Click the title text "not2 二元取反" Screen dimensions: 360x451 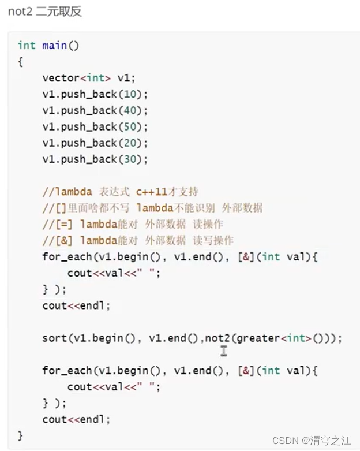tap(45, 12)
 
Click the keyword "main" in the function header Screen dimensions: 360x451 tap(55, 45)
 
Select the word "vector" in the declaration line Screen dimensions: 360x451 tap(58, 77)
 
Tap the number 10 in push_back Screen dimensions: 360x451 tap(129, 94)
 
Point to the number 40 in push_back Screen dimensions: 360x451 tap(129, 110)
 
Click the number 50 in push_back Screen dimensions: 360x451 tap(129, 126)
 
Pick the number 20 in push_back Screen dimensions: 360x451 tap(129, 142)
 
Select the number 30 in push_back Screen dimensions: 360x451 tap(129, 158)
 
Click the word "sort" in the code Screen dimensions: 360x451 tap(54, 338)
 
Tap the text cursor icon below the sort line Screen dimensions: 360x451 tap(223, 351)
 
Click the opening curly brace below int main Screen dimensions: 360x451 tap(21, 61)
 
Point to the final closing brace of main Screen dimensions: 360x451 tap(21, 435)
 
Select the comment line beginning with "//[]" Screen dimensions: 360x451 tap(152, 208)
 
